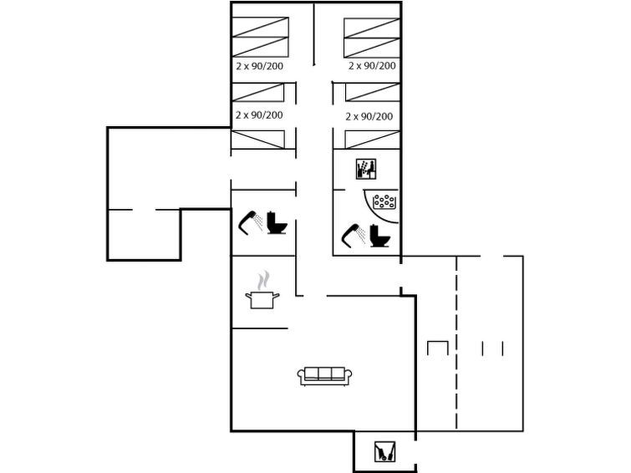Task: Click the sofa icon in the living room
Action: pyautogui.click(x=324, y=376)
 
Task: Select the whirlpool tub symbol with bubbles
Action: pyautogui.click(x=384, y=201)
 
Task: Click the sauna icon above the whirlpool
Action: pyautogui.click(x=366, y=169)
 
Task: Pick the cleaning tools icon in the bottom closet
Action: pyautogui.click(x=384, y=451)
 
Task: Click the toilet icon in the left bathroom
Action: pyautogui.click(x=277, y=222)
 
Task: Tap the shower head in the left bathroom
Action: pyautogui.click(x=250, y=222)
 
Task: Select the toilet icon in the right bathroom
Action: pyautogui.click(x=380, y=236)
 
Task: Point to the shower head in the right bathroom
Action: pyautogui.click(x=354, y=235)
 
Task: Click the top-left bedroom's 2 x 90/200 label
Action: pyautogui.click(x=260, y=66)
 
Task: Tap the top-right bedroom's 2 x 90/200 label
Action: pyautogui.click(x=372, y=66)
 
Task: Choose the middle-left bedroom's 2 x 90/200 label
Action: pyautogui.click(x=259, y=115)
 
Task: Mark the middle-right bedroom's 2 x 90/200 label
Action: pyautogui.click(x=369, y=116)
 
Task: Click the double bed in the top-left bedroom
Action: pyautogui.click(x=261, y=37)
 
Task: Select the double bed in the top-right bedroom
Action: pyautogui.click(x=372, y=38)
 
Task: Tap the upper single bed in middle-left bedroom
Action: pyautogui.click(x=258, y=92)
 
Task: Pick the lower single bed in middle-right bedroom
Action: pyautogui.click(x=372, y=140)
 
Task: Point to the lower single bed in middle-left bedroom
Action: pyautogui.click(x=258, y=140)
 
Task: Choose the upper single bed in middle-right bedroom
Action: pyautogui.click(x=372, y=92)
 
